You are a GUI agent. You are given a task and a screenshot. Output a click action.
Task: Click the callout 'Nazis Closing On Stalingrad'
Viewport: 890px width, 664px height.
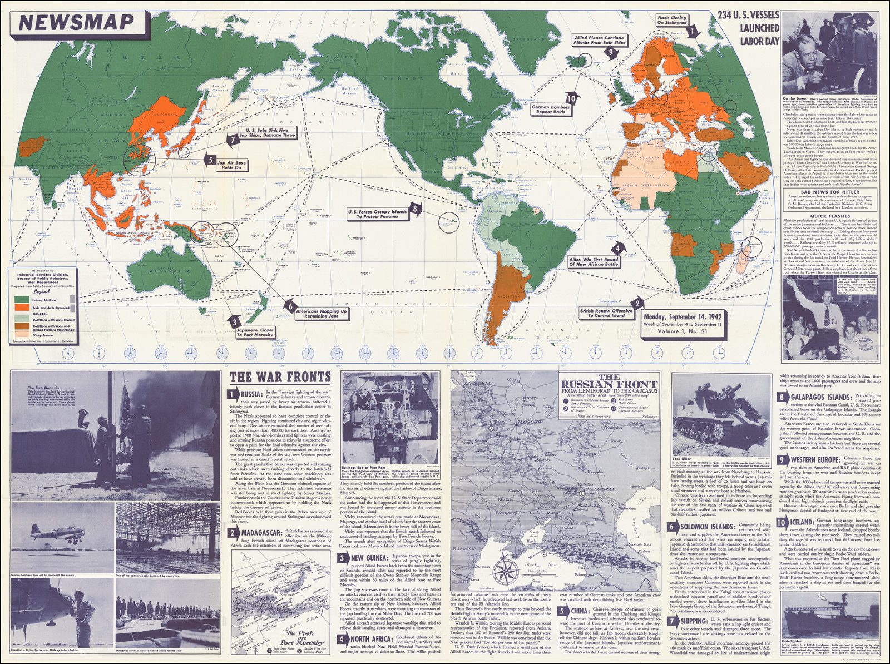(x=671, y=20)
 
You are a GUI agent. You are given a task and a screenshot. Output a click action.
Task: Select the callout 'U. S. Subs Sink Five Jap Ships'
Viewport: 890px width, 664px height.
(x=267, y=132)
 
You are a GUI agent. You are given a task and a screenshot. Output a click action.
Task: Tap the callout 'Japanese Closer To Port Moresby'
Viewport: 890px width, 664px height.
(x=255, y=332)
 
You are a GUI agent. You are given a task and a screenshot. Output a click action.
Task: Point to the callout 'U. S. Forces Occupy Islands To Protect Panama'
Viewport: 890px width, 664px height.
(x=377, y=214)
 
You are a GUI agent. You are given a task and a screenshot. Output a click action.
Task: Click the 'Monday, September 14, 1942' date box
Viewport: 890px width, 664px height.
(x=683, y=324)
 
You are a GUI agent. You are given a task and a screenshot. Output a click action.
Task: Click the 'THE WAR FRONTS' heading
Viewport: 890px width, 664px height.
(x=280, y=378)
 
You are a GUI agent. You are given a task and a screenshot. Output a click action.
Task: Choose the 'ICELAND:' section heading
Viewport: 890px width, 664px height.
(x=802, y=522)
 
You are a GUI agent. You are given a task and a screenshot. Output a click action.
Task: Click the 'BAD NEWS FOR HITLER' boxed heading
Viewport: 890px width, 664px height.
(x=829, y=192)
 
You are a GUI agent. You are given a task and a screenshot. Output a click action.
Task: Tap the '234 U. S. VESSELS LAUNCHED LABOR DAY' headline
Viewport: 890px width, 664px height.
(x=748, y=27)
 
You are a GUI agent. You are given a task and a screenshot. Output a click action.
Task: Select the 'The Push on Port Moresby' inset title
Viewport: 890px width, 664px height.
(x=302, y=637)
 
